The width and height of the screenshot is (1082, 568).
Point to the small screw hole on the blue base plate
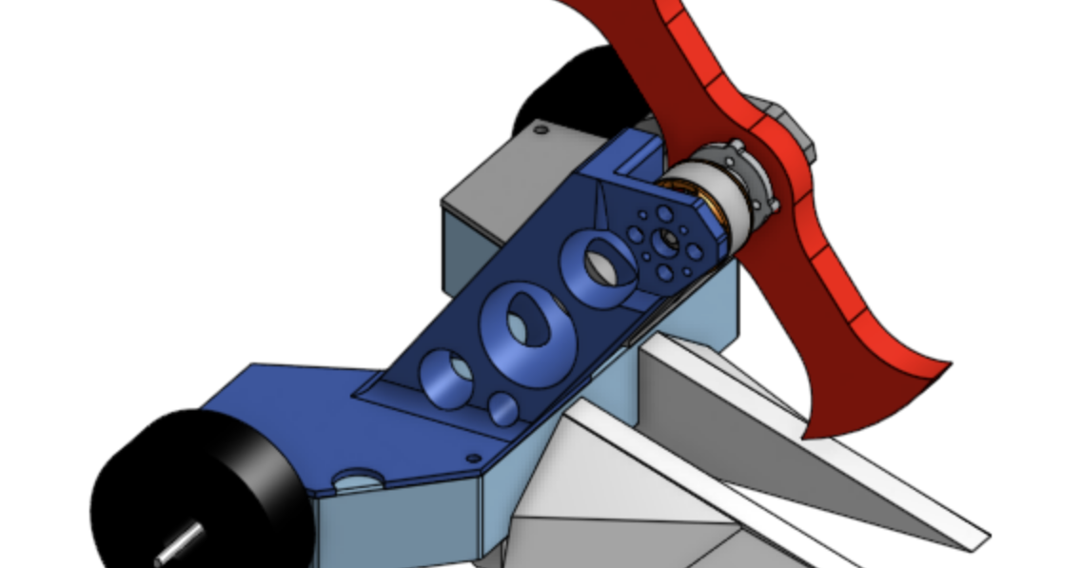[474, 459]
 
